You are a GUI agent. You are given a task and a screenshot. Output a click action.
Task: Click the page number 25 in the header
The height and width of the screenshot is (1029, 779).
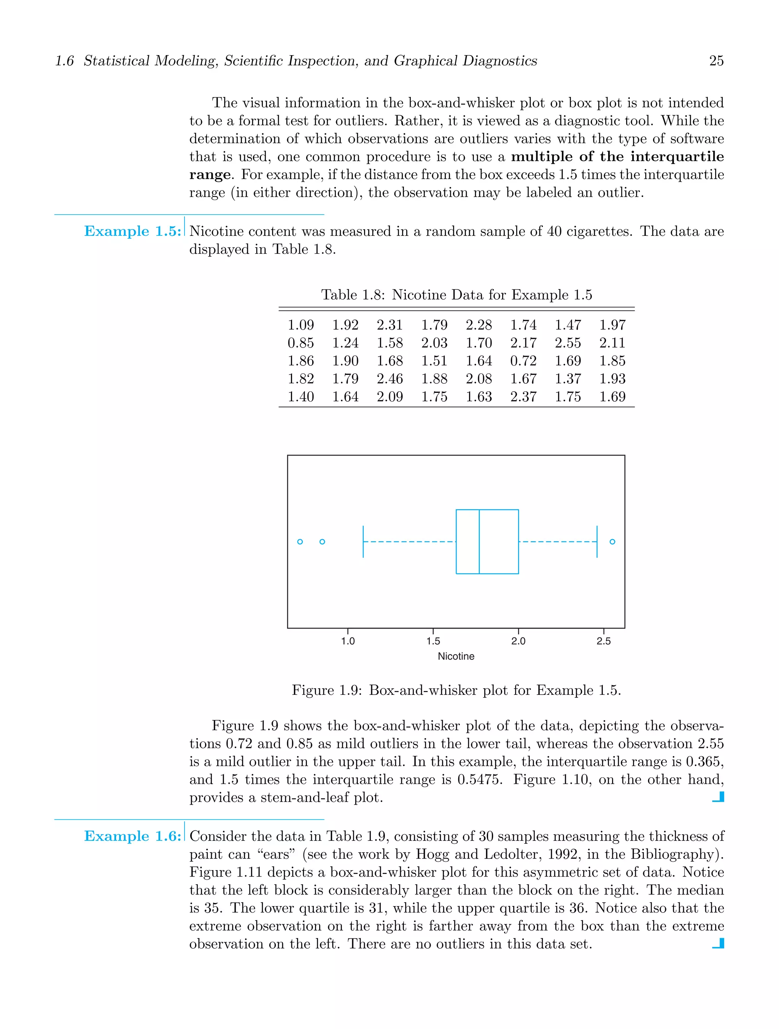[x=716, y=61]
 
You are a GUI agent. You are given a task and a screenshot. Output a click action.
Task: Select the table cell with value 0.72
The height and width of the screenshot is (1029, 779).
[x=523, y=360]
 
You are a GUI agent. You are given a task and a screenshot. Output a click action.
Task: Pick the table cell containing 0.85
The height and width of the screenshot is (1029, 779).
[x=300, y=343]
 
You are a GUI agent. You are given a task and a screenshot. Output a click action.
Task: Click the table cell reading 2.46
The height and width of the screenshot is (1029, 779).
[x=389, y=379]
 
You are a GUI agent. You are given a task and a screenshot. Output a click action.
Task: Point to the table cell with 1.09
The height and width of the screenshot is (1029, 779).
[x=300, y=325]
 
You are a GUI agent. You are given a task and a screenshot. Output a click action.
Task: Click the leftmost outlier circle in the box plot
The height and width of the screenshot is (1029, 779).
[x=300, y=541]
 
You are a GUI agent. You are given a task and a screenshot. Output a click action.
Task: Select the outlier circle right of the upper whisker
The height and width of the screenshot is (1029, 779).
[x=612, y=541]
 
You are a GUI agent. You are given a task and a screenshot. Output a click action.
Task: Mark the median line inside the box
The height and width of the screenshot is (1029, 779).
[x=479, y=541]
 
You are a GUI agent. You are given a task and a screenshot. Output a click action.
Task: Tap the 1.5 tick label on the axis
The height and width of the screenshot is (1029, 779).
[x=433, y=641]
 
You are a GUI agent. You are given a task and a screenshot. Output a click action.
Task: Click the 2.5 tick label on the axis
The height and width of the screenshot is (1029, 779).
[x=604, y=641]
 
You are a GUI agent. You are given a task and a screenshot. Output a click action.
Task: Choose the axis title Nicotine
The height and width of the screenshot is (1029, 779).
[x=456, y=656]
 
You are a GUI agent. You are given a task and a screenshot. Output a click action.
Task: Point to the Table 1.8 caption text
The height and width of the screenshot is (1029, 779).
[x=456, y=295]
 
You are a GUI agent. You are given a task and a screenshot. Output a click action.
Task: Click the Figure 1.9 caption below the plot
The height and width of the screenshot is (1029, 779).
[x=456, y=690]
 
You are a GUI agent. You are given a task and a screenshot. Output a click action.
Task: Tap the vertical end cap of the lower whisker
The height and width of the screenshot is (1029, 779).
[x=363, y=541]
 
